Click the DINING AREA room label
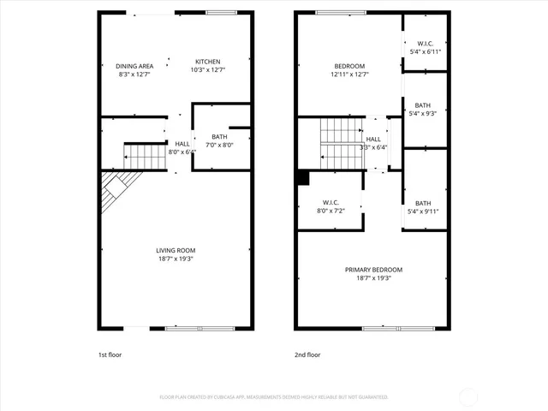pos(134,66)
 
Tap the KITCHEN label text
pos(208,62)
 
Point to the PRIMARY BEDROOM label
pos(373,270)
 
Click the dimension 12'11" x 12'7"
pos(349,74)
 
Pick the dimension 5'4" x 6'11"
pos(425,52)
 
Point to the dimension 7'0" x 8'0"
pos(219,145)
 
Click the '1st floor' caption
pos(110,354)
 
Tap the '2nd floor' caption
pos(307,354)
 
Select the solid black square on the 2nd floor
pos(302,177)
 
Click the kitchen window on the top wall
pos(222,12)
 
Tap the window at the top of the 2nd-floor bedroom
pos(332,12)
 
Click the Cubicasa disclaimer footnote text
pos(274,397)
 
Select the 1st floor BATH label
pos(219,137)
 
